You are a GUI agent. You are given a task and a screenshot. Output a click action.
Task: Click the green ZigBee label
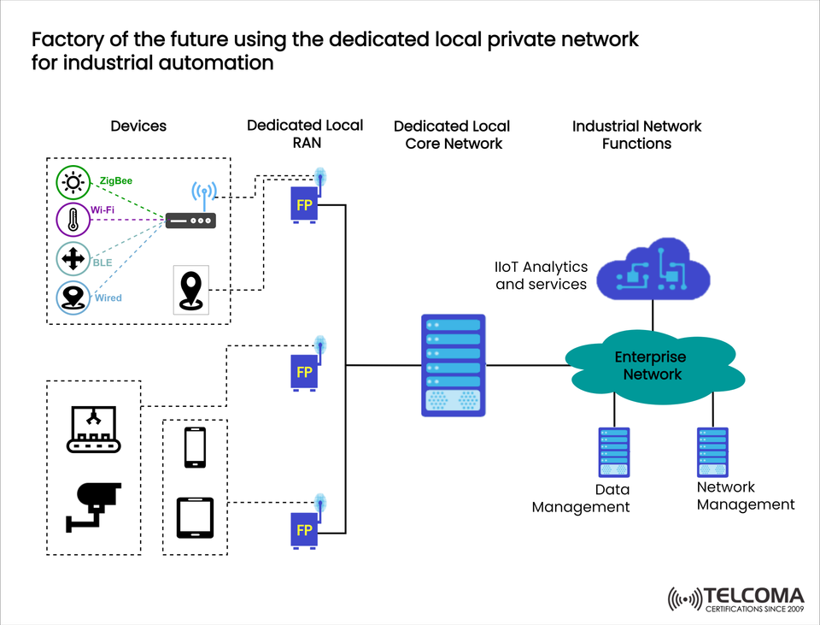[x=115, y=181]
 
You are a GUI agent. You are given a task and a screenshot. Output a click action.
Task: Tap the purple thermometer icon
[x=73, y=220]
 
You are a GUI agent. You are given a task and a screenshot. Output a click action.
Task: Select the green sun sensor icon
[x=73, y=182]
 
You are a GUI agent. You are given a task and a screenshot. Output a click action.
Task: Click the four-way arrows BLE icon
[x=73, y=258]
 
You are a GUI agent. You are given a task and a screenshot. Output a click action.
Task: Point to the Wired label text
[x=107, y=298]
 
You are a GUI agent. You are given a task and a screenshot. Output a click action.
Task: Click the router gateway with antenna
[x=191, y=214]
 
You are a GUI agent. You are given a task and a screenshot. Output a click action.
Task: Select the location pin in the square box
[x=190, y=291]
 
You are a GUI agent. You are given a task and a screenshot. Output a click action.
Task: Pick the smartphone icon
[x=195, y=447]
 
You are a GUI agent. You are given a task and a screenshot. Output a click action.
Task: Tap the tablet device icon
[x=195, y=517]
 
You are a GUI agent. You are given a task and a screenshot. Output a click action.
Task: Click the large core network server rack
[x=453, y=365]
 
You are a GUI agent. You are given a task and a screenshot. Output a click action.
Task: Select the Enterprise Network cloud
[x=651, y=366]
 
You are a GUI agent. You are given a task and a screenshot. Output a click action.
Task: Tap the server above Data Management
[x=613, y=452]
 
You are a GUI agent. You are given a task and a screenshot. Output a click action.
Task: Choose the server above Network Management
[x=712, y=452]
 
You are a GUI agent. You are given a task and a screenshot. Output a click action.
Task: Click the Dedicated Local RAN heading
[x=305, y=134]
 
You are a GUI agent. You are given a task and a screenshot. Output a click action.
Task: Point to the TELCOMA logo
[x=735, y=599]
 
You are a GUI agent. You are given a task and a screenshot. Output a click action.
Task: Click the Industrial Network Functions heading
[x=636, y=134]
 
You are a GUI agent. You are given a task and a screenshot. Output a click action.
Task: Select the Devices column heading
[x=138, y=126]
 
